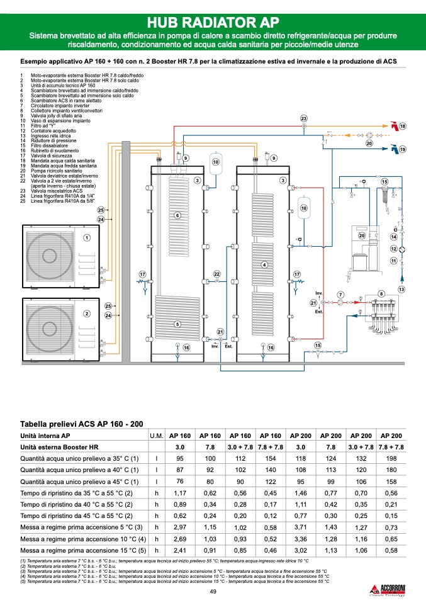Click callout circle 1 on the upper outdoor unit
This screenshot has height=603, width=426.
[x=87, y=237]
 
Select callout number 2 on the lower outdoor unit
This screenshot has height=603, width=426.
[x=87, y=313]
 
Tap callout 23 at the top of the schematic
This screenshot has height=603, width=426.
[x=303, y=119]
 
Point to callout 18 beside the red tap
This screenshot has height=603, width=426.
[x=403, y=127]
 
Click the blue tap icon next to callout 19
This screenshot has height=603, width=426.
[x=393, y=149]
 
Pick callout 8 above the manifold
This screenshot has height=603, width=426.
[x=381, y=294]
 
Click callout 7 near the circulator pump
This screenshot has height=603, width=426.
[x=340, y=295]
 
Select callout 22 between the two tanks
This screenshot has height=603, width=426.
[x=216, y=274]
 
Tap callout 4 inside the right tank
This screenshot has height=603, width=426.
[x=264, y=265]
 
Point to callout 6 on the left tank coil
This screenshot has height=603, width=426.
[x=177, y=216]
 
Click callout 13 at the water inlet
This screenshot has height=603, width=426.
[x=401, y=289]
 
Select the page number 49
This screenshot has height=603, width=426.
[x=213, y=590]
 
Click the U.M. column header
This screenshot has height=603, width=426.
[x=156, y=435]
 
